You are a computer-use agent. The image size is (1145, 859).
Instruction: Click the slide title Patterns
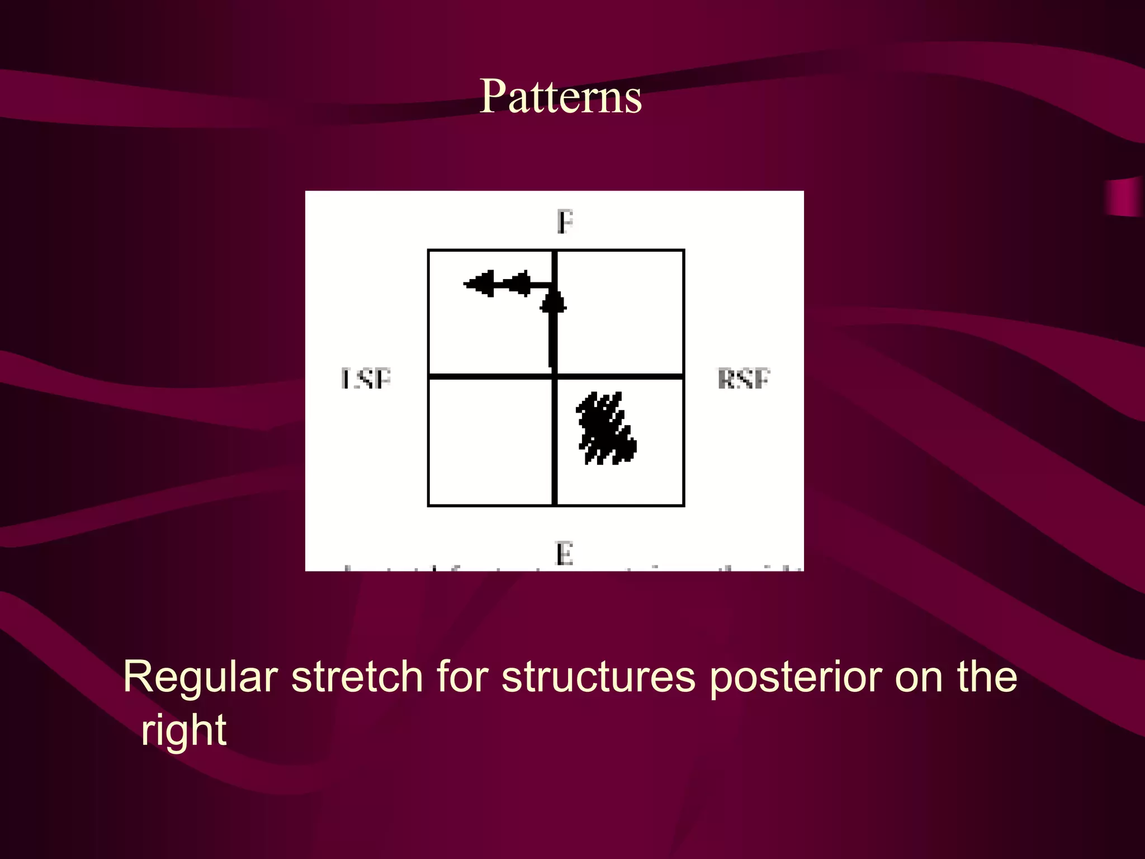560,97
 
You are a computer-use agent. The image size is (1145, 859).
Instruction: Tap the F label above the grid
565,222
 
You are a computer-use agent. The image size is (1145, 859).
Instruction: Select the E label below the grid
564,554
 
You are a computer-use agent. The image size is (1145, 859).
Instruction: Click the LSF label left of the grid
366,379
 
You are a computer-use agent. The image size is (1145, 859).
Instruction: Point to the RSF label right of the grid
744,379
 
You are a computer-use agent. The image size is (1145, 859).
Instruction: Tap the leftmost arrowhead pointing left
480,284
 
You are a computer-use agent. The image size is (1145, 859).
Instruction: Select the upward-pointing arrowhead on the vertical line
553,302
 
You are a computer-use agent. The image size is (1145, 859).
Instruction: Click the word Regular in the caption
200,677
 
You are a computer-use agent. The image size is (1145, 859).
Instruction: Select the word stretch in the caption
357,677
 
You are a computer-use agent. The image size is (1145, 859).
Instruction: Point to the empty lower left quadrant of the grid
490,442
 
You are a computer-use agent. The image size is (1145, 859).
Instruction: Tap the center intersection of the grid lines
555,376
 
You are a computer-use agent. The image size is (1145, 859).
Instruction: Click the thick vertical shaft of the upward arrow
553,341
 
